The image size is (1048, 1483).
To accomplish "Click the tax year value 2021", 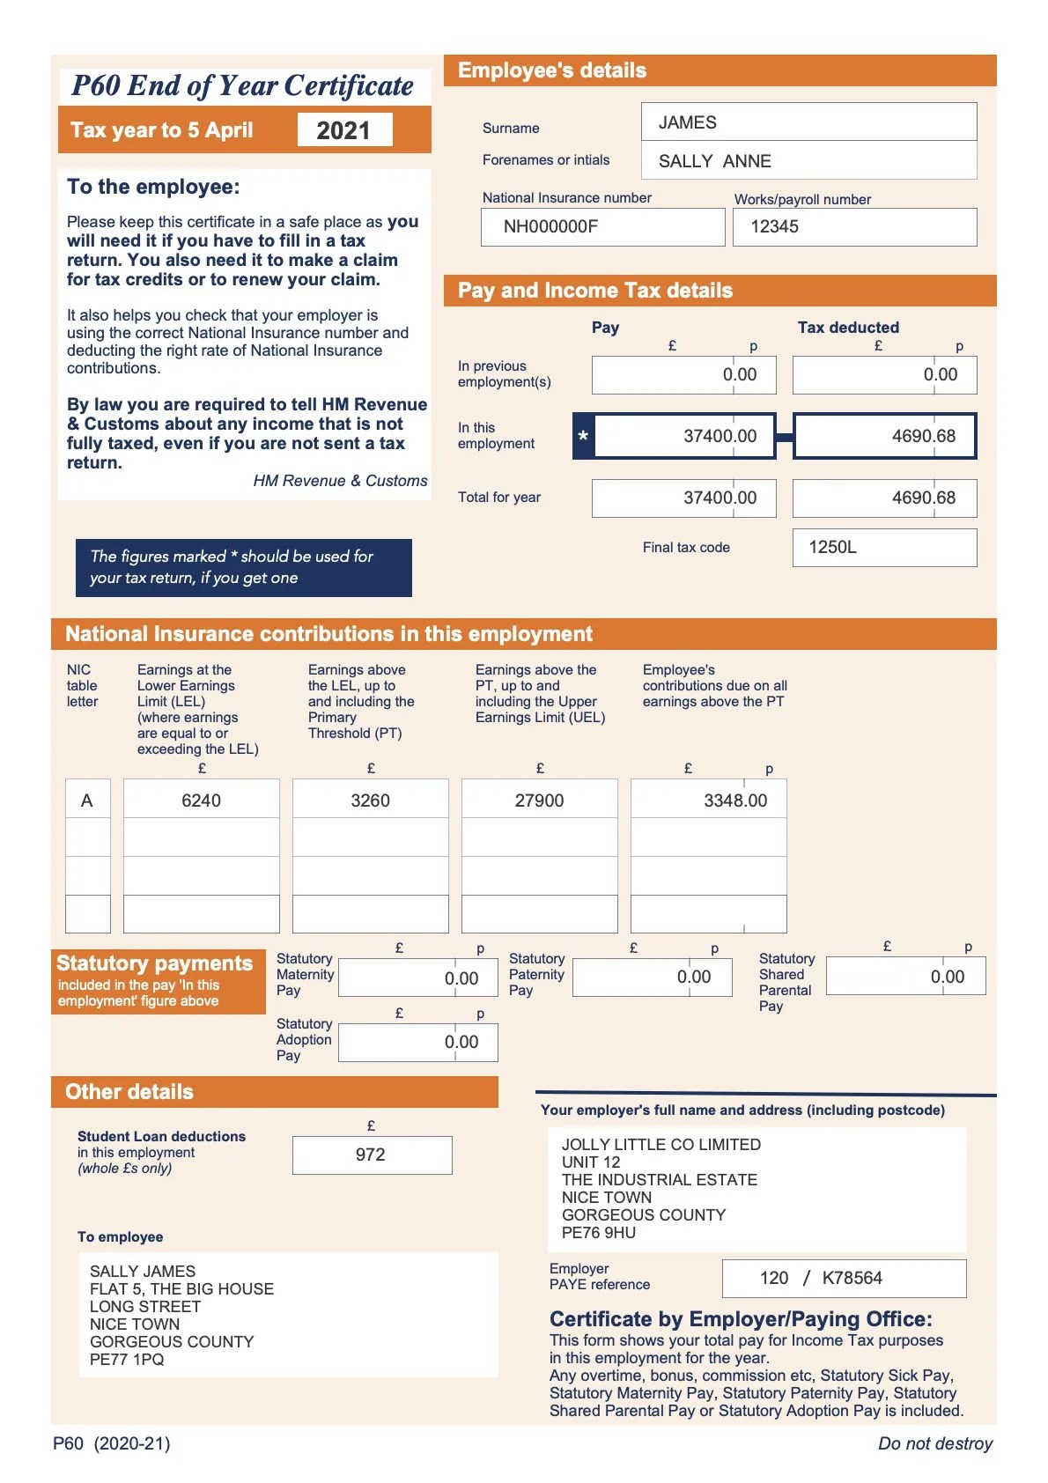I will pos(343,130).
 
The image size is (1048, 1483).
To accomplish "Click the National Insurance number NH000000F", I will pos(550,226).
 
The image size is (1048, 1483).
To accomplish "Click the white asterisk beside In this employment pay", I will pos(583,437).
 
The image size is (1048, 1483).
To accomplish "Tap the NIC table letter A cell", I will pos(86,801).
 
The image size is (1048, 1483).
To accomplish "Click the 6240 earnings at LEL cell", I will pos(201,801).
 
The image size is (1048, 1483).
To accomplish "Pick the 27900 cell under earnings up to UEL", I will pos(539,801).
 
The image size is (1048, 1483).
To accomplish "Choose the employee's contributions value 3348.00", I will pos(734,801).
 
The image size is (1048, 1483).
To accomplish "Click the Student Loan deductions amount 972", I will pos(371,1155).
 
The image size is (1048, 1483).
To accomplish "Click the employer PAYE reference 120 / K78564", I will pos(821,1278).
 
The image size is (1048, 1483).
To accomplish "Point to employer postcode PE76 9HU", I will pos(599,1233).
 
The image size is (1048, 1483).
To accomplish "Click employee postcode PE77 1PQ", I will pos(127,1360).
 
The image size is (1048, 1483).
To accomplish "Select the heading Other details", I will pos(129,1092).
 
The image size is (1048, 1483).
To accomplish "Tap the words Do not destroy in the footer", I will pos(934,1443).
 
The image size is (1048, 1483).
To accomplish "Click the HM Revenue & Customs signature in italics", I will pos(340,481).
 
